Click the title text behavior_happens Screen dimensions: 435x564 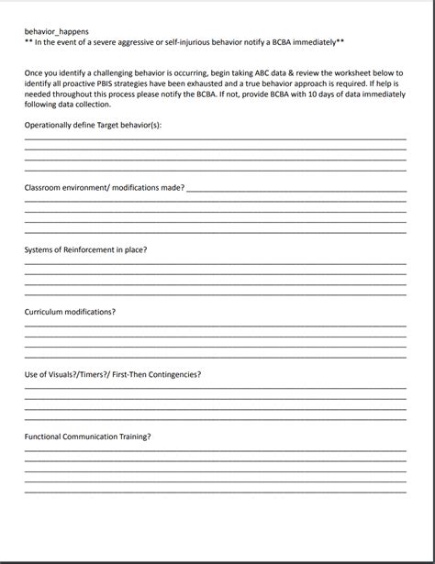[x=56, y=31]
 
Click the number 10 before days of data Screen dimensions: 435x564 [x=305, y=94]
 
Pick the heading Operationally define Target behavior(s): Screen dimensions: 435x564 [x=93, y=125]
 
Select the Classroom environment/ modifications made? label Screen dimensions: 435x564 [x=104, y=188]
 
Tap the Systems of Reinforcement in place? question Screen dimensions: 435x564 [x=85, y=249]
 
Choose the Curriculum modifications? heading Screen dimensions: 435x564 [x=70, y=312]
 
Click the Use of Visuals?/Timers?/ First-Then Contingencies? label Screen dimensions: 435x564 [x=112, y=374]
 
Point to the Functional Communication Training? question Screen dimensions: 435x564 [x=87, y=437]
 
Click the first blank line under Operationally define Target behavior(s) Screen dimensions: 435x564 [x=215, y=140]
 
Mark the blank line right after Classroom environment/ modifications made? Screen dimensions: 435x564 [x=296, y=191]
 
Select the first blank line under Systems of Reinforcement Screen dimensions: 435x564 [x=215, y=264]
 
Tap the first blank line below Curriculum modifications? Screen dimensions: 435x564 [x=215, y=326]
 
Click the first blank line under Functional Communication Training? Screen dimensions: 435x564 [x=215, y=451]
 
